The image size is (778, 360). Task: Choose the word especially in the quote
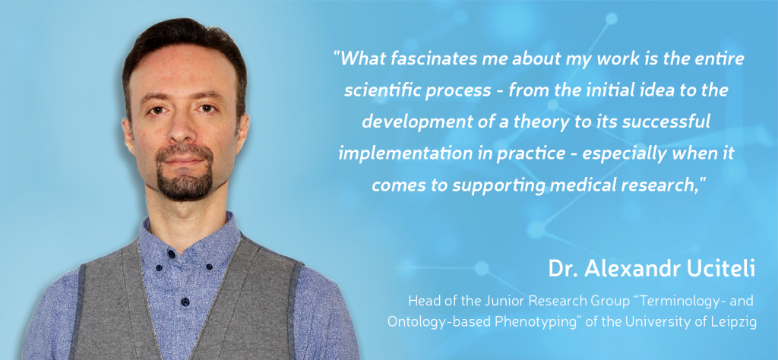coord(624,154)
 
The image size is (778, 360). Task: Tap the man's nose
coord(181,131)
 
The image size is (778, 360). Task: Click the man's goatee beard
coord(185,178)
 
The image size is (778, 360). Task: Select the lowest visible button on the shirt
coord(185,301)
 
